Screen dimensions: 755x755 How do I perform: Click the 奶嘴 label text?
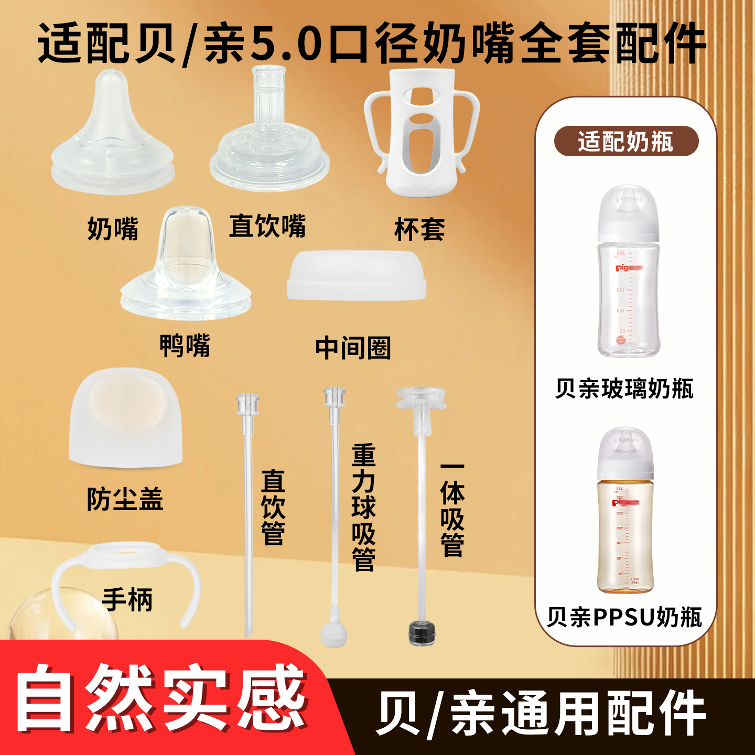click(x=113, y=229)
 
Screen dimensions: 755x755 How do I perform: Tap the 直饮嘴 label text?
click(x=267, y=226)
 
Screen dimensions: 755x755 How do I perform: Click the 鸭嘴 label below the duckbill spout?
click(x=185, y=346)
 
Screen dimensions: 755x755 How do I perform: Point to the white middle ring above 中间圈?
click(x=356, y=276)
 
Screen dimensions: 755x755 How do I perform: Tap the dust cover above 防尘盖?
click(x=126, y=417)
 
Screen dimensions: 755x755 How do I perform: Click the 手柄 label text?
click(x=127, y=600)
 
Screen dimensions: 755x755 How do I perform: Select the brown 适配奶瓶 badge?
click(x=626, y=142)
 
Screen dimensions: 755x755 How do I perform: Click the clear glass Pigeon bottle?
click(x=628, y=273)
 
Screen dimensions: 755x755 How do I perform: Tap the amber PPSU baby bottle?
click(x=625, y=511)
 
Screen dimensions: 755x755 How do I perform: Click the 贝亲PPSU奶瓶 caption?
click(x=624, y=617)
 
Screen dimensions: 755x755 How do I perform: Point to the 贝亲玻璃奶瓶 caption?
click(x=624, y=389)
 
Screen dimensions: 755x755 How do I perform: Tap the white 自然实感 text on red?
click(x=160, y=698)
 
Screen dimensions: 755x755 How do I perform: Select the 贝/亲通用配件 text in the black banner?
click(x=540, y=714)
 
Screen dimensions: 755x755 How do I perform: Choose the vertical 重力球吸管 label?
click(x=363, y=507)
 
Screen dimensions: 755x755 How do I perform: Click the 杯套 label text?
click(x=419, y=230)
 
